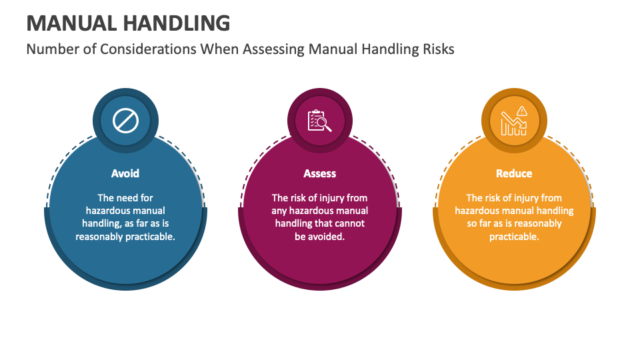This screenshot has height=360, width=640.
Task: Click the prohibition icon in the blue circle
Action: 125,121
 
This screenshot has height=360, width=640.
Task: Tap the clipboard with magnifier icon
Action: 319,121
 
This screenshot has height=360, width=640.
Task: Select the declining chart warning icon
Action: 514,121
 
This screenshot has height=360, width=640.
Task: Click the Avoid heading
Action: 125,173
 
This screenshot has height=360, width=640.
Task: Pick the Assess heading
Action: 320,173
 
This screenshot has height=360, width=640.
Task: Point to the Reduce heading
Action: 514,173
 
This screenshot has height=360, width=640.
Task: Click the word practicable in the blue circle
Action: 150,236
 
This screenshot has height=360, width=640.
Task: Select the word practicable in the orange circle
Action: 513,236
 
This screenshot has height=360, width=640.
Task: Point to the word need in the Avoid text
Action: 128,198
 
